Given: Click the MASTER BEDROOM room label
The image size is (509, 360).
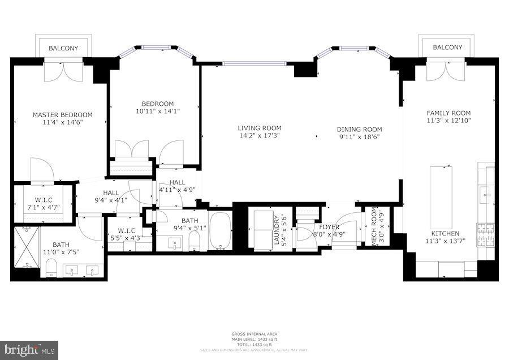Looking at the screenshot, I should tap(62, 115).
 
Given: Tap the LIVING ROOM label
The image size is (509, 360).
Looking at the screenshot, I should tap(259, 128).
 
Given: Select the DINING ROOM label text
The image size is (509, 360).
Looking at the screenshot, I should tap(360, 129).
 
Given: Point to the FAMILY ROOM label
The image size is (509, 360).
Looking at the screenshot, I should tap(448, 113).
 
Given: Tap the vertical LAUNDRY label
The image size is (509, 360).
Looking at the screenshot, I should tap(277, 229).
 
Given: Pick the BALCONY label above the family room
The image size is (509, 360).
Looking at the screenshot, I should tap(447, 48).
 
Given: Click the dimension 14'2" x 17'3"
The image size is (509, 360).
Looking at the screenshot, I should tap(259, 136).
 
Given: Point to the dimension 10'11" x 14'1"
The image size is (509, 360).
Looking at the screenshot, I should tap(157, 112).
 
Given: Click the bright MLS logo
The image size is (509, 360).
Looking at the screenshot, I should tap(29, 349).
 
